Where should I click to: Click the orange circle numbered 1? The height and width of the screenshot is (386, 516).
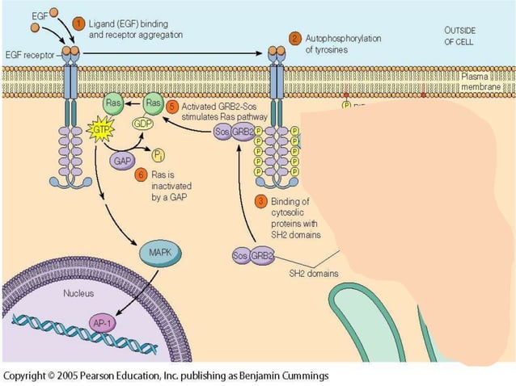point(79,23)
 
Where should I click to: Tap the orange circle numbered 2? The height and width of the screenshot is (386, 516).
point(296,38)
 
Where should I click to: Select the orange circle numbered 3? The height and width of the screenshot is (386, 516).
point(260,200)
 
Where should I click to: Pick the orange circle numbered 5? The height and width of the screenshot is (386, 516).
point(171,105)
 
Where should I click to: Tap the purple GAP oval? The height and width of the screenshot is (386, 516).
point(122,161)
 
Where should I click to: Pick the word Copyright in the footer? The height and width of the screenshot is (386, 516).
point(27,376)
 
